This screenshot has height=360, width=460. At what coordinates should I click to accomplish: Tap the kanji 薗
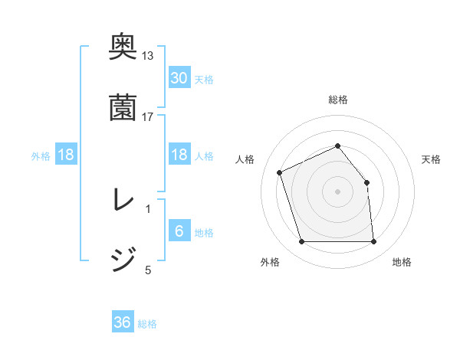[x=123, y=107]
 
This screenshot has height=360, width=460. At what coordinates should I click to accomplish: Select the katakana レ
[x=123, y=201]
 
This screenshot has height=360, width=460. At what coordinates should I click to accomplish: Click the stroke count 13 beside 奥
[x=148, y=56]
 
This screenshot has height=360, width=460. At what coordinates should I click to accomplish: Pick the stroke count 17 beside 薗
[x=148, y=116]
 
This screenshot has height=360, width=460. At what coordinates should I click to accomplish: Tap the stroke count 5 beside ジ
[x=148, y=269]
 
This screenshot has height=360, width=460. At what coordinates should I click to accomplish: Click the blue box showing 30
[x=179, y=77]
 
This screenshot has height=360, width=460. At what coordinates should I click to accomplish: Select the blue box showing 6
[x=179, y=231]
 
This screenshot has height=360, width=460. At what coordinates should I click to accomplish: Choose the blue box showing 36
[x=123, y=322]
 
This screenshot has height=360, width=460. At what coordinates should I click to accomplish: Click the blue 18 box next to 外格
[x=66, y=155]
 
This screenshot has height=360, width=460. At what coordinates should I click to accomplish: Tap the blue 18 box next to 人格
[x=179, y=155]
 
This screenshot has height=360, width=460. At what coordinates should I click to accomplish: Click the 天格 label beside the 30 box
[x=204, y=79]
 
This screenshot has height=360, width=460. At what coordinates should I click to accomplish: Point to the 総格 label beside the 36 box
[x=147, y=324]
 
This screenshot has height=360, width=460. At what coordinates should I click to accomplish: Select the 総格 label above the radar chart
[x=338, y=100]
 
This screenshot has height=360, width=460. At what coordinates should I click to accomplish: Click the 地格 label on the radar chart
[x=401, y=262]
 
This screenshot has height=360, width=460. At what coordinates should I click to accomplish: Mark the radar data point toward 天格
[x=366, y=182]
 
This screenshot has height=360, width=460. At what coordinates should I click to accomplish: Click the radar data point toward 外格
[x=301, y=242]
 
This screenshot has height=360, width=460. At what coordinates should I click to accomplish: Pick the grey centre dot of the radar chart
[x=337, y=191]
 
